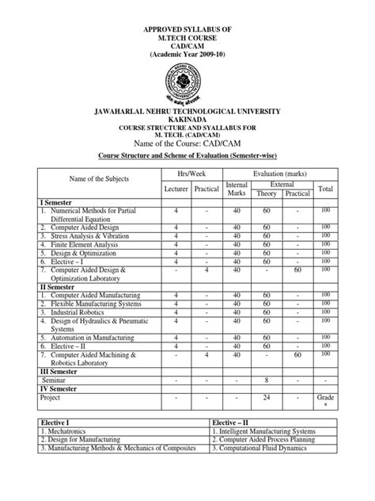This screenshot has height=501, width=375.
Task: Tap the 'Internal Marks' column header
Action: [x=237, y=189]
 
